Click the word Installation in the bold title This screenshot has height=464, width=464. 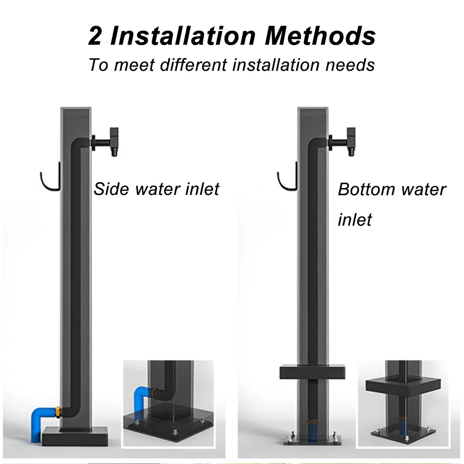(x=183, y=36)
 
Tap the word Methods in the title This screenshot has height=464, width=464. (x=320, y=36)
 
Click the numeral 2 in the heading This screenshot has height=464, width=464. (x=95, y=36)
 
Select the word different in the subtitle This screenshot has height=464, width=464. (x=193, y=65)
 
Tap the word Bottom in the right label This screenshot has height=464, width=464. (x=366, y=189)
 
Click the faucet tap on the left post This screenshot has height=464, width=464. (x=106, y=142)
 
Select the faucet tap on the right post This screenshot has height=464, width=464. (x=342, y=142)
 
